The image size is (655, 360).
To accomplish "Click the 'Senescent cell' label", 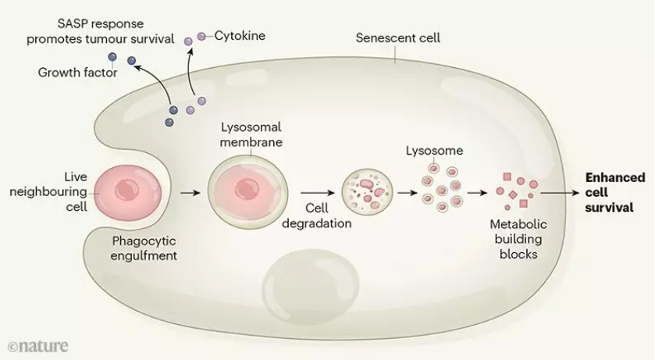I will coord(397,37).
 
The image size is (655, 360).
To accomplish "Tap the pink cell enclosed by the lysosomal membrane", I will coord(245,191).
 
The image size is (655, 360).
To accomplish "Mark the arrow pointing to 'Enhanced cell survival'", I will coord(561,191).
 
